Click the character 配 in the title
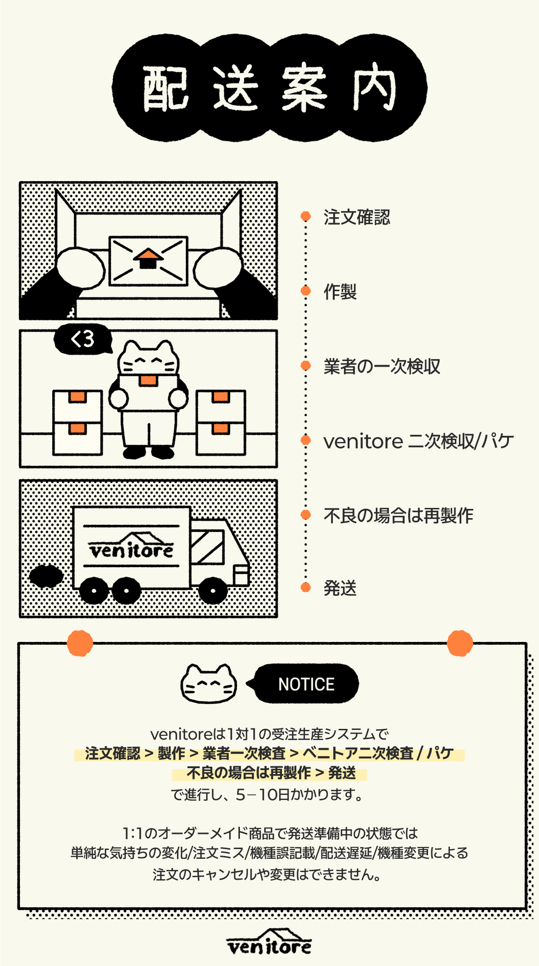(165, 88)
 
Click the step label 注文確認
(357, 217)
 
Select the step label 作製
(340, 292)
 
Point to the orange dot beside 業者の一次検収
(306, 365)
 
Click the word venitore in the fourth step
(363, 441)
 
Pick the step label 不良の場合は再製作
(398, 515)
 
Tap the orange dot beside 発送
(306, 587)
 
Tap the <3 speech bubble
(83, 339)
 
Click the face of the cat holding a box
(148, 360)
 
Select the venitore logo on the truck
(132, 546)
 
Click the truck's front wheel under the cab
(213, 590)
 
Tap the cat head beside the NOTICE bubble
(209, 684)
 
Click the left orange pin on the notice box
(80, 643)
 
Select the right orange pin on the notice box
(460, 643)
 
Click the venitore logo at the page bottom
(269, 942)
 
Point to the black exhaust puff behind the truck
(46, 576)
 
